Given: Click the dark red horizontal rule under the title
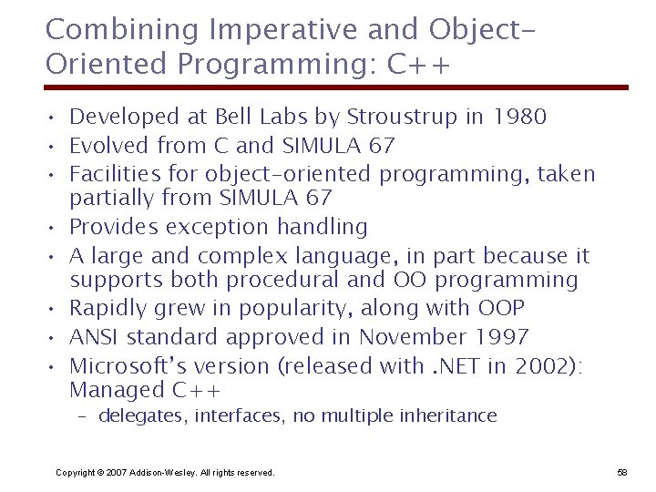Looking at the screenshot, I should (x=337, y=88).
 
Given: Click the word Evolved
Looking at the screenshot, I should (x=110, y=146).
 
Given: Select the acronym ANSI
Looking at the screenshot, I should (x=95, y=337).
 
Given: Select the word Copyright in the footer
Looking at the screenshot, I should (x=76, y=473).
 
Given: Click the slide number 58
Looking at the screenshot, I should (x=622, y=473).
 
